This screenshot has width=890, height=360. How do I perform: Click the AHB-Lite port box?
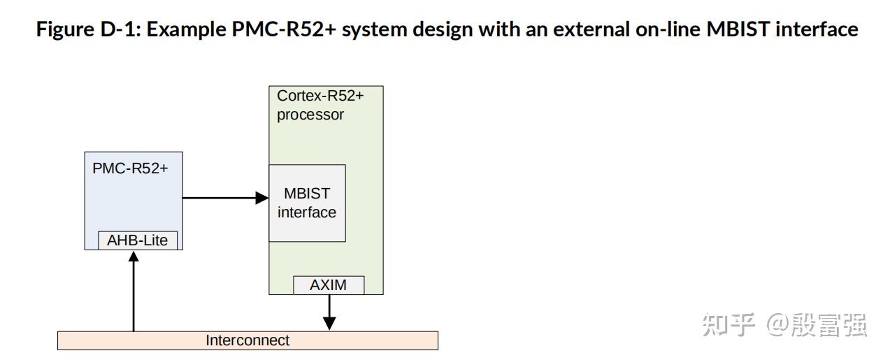click(137, 240)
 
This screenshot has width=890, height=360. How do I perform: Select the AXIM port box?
click(328, 285)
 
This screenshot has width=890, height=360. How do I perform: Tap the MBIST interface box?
click(307, 203)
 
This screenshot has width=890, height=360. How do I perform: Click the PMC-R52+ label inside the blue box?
click(130, 168)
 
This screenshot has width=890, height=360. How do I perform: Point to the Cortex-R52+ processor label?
click(320, 106)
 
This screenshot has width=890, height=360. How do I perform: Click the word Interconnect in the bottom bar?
click(247, 340)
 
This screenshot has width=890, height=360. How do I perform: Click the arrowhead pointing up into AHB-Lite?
click(134, 257)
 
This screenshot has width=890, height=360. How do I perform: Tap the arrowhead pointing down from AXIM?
click(329, 323)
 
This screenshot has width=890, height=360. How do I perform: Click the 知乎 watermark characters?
click(728, 324)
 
